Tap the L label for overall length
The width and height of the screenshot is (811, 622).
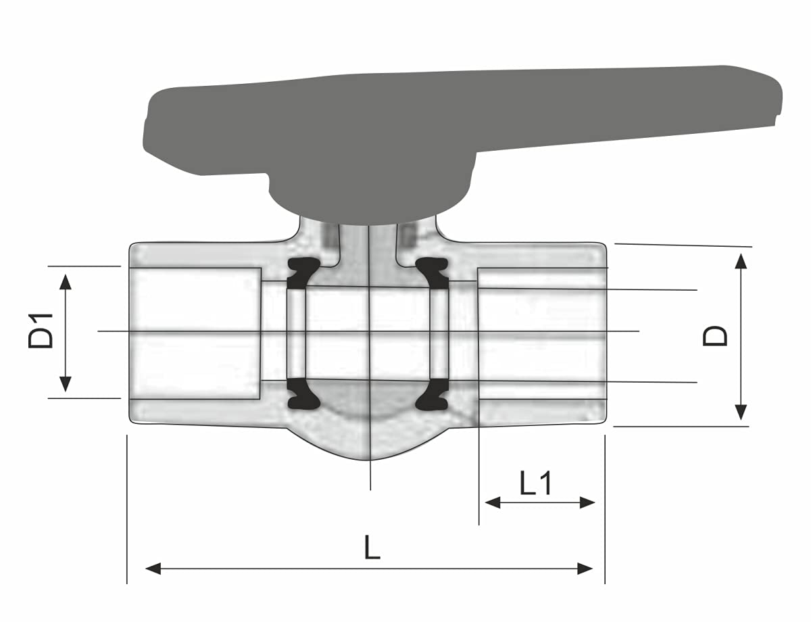point(372,547)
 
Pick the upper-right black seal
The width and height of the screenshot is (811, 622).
point(433,272)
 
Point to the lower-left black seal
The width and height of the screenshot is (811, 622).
point(303,394)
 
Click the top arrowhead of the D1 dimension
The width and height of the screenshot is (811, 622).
point(65,279)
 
